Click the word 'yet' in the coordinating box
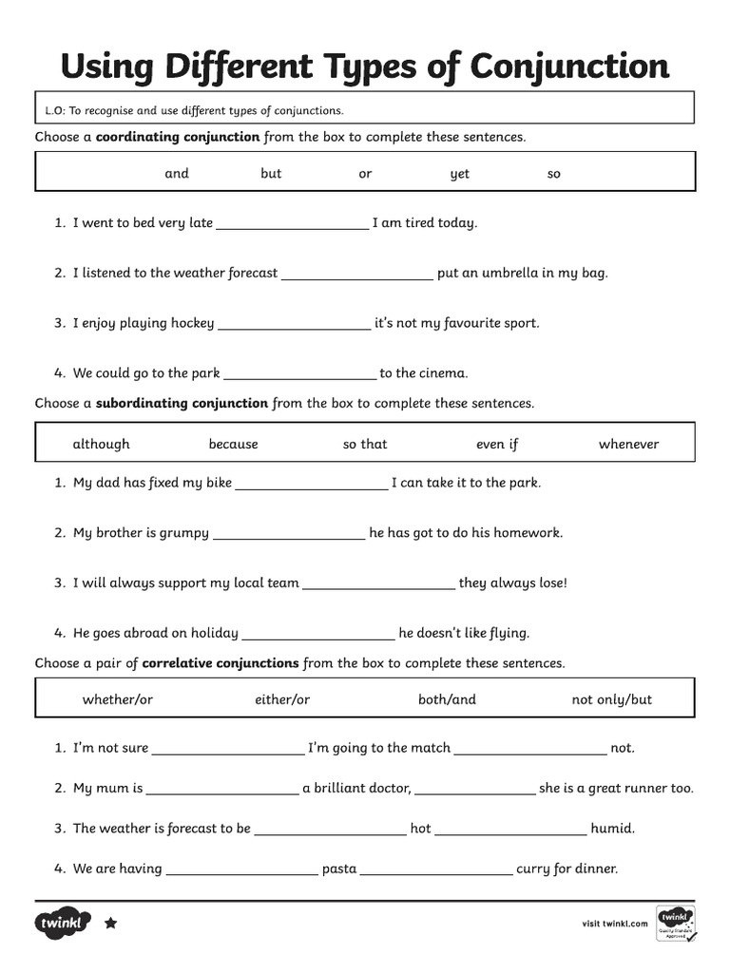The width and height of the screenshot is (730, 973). click(460, 174)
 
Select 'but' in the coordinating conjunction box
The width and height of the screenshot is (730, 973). click(271, 174)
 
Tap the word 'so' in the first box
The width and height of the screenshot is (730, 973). click(554, 174)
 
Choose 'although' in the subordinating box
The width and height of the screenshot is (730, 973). click(101, 445)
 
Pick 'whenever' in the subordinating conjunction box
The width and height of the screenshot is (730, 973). click(628, 445)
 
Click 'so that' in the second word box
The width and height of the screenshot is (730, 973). click(365, 445)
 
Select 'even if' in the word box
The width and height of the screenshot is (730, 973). click(497, 445)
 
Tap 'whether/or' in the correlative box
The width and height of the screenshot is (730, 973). click(118, 700)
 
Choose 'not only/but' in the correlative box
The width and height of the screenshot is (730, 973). click(612, 700)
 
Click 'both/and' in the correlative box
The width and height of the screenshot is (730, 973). click(447, 700)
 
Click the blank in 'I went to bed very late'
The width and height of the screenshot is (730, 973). click(293, 225)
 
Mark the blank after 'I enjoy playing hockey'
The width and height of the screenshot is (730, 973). click(294, 325)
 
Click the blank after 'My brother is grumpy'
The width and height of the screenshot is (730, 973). click(289, 535)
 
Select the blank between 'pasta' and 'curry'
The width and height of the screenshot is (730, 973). click(436, 870)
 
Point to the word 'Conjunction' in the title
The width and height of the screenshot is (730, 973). click(569, 67)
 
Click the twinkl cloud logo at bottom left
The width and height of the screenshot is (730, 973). click(64, 923)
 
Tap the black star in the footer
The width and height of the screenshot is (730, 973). click(110, 923)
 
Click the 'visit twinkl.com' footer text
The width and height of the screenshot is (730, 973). click(614, 923)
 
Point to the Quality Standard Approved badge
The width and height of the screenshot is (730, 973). click(675, 923)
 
